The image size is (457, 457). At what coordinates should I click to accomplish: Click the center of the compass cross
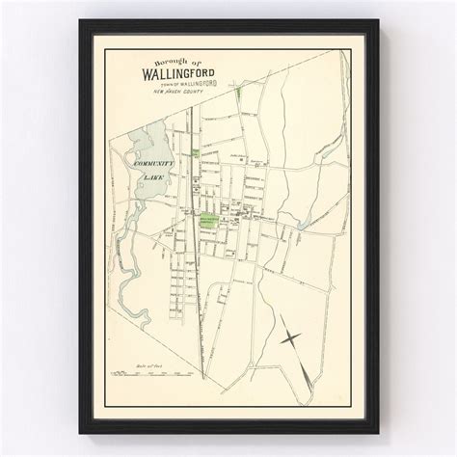pos(291,338)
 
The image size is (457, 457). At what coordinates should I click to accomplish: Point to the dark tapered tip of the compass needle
pos(308,381)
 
